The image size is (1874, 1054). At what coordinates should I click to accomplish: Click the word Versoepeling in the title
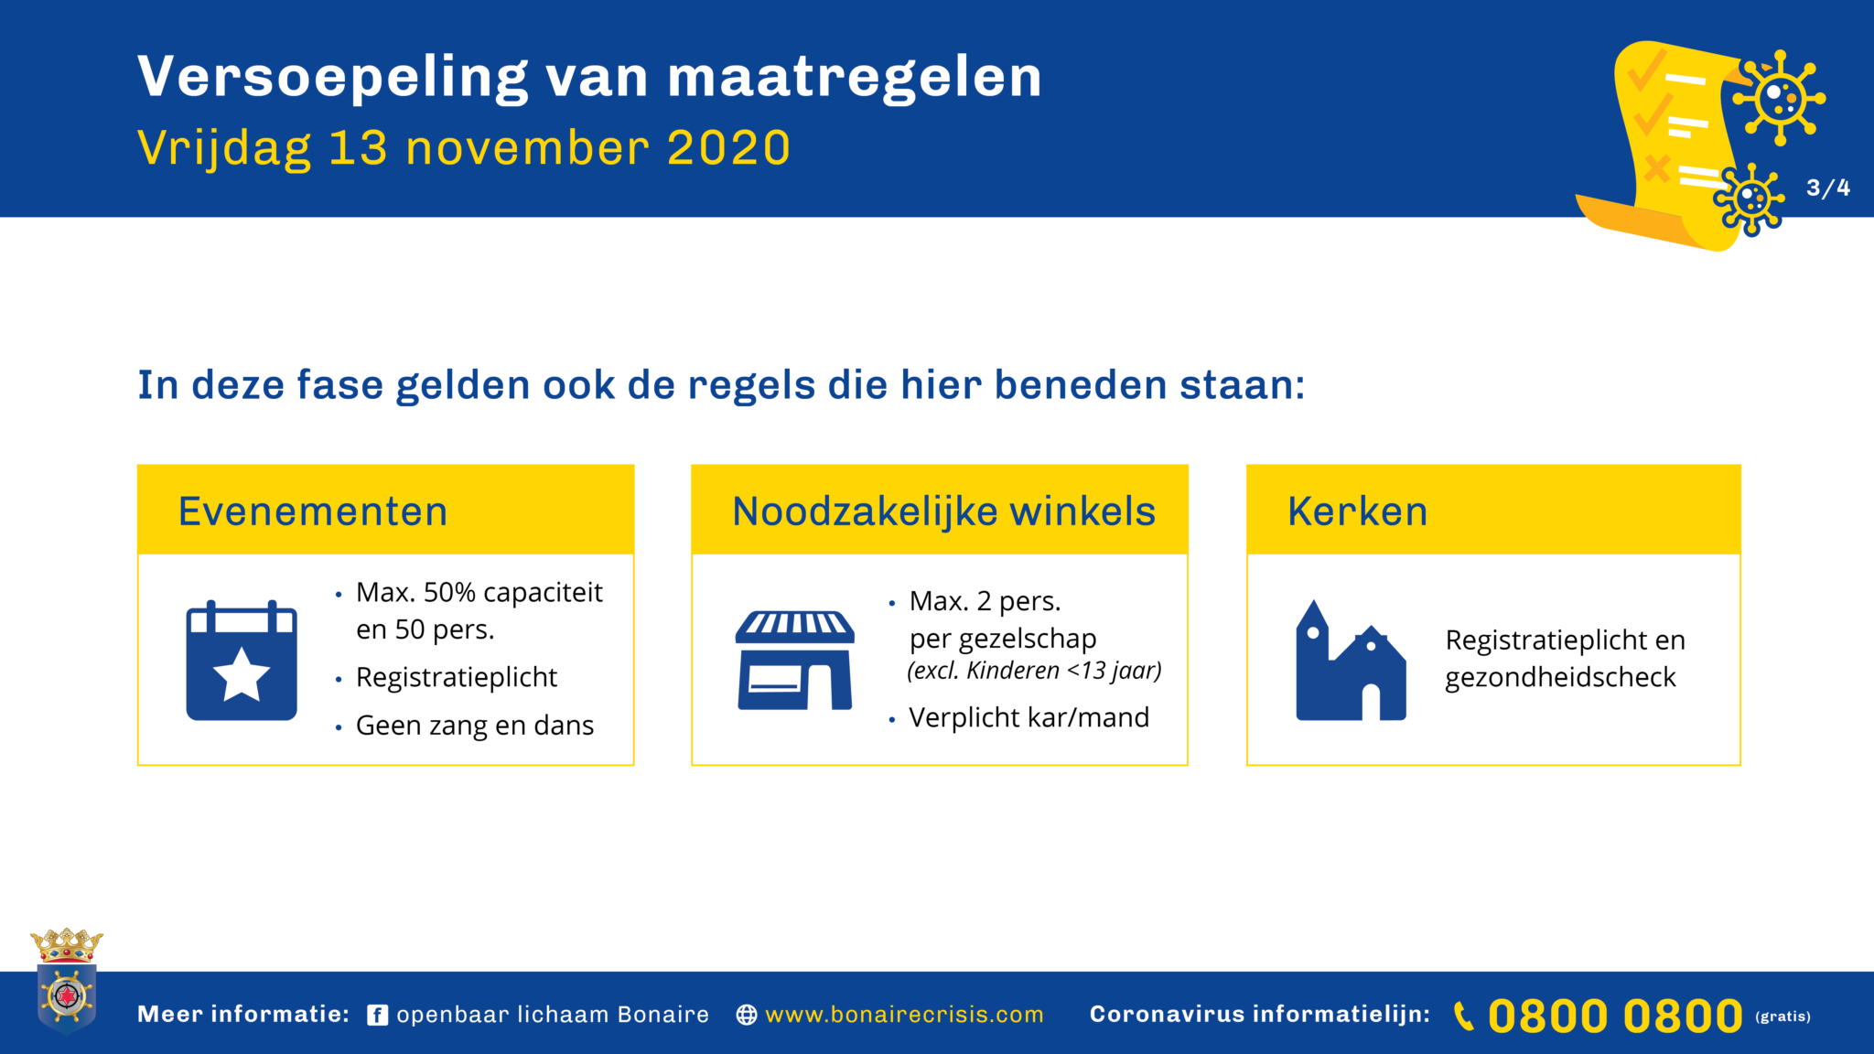pyautogui.click(x=333, y=78)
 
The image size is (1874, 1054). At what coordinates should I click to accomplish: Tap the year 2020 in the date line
pyautogui.click(x=729, y=148)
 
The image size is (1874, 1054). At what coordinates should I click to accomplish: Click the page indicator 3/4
pyautogui.click(x=1828, y=188)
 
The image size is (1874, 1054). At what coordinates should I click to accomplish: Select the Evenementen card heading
pyautogui.click(x=313, y=511)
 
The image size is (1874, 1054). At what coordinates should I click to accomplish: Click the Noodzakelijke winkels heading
pyautogui.click(x=944, y=511)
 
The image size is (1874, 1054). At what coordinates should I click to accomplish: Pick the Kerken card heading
pyautogui.click(x=1357, y=511)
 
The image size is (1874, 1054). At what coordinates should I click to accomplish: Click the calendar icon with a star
pyautogui.click(x=242, y=660)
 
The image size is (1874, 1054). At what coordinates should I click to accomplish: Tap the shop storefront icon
pyautogui.click(x=795, y=660)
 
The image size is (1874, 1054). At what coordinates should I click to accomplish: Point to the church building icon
pyautogui.click(x=1351, y=660)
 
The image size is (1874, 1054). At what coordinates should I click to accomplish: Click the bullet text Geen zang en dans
pyautogui.click(x=475, y=726)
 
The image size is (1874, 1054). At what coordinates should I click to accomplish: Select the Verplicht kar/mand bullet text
pyautogui.click(x=1029, y=717)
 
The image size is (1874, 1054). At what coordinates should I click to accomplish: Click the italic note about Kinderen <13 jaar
pyautogui.click(x=1034, y=671)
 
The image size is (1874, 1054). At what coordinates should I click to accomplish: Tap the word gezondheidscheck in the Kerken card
pyautogui.click(x=1560, y=678)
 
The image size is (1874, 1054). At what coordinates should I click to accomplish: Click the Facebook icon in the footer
pyautogui.click(x=378, y=1016)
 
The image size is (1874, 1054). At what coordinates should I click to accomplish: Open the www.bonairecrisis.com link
pyautogui.click(x=904, y=1015)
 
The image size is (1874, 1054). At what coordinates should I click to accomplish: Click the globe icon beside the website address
pyautogui.click(x=747, y=1016)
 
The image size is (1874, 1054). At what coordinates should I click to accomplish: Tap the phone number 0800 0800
pyautogui.click(x=1615, y=1016)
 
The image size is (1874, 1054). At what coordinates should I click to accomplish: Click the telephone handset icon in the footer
pyautogui.click(x=1464, y=1016)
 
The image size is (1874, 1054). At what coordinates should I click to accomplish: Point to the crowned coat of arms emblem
pyautogui.click(x=67, y=981)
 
